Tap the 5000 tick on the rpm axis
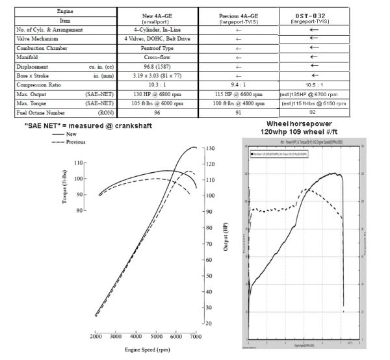(x=155, y=336)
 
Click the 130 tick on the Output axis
(x=211, y=149)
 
